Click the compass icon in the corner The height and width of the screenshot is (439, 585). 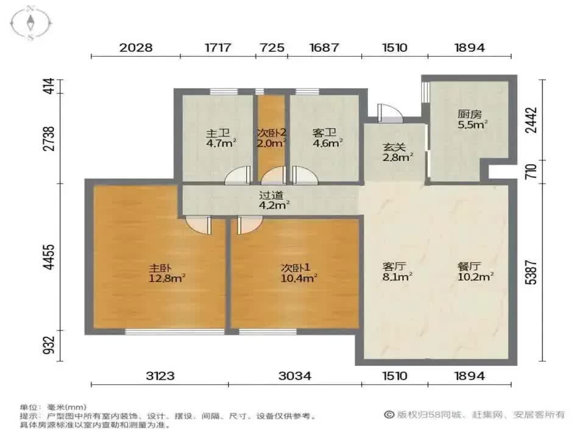[30, 23]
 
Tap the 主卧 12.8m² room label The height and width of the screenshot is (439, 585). [167, 273]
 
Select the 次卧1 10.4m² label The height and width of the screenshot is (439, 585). [299, 273]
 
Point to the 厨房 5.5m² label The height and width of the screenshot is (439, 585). [472, 120]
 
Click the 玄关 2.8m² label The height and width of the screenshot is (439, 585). [397, 152]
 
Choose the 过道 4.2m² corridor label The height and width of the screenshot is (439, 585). [274, 200]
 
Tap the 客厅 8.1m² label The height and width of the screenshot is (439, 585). [397, 271]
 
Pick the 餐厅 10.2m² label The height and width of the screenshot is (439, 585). [476, 271]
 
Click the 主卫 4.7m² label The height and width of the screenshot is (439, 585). [221, 138]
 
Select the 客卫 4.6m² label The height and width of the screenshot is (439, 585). [327, 138]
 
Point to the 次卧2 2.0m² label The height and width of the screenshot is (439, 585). [272, 138]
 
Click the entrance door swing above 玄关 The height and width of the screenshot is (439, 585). [390, 113]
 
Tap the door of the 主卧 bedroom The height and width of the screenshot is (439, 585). [199, 226]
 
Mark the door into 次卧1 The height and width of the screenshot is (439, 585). [249, 226]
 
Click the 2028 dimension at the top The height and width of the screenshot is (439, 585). [136, 48]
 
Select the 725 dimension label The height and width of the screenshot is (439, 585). [272, 48]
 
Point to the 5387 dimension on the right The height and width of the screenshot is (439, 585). [531, 273]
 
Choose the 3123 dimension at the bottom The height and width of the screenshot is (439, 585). [160, 376]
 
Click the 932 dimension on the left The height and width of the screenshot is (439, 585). [49, 346]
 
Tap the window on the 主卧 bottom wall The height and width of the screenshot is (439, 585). [175, 332]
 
